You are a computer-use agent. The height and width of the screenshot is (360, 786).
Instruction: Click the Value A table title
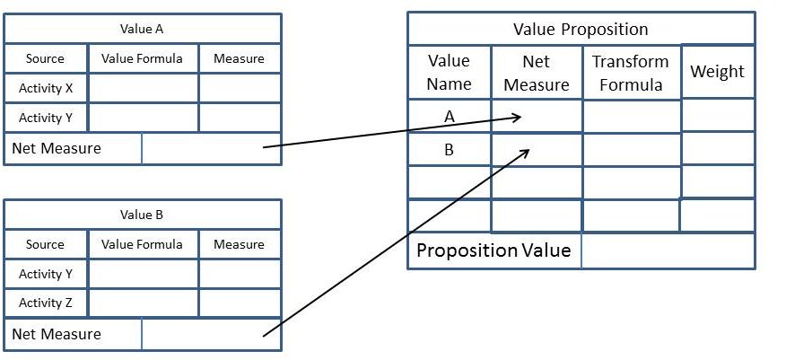(x=142, y=29)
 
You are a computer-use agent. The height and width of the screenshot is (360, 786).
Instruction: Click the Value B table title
(x=142, y=215)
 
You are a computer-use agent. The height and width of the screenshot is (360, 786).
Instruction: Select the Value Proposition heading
(x=581, y=29)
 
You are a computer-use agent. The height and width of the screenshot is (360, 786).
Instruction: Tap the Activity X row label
(x=46, y=88)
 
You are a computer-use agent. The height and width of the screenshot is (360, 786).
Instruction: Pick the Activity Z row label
(x=46, y=303)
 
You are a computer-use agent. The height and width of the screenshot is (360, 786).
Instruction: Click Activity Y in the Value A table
(x=46, y=118)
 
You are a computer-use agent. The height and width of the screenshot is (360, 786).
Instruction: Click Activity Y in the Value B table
(x=46, y=274)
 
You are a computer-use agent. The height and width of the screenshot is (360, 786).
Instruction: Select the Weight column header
(x=717, y=72)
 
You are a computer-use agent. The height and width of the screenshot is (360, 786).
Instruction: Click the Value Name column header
(x=449, y=73)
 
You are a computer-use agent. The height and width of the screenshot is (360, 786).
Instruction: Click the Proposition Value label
(x=493, y=250)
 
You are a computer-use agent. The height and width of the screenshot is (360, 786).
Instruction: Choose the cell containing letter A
(x=449, y=116)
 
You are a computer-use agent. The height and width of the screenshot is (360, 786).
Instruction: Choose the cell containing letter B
(x=449, y=150)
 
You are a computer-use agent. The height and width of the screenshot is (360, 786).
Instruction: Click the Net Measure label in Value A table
(x=57, y=149)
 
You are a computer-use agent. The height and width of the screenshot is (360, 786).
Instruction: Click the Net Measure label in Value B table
(x=57, y=335)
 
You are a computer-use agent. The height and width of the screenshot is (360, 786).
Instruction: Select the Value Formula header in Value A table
(x=142, y=58)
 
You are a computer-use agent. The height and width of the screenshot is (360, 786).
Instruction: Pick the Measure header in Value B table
(x=239, y=244)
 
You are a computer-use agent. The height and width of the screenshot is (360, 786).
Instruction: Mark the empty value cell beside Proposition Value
(x=668, y=250)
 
